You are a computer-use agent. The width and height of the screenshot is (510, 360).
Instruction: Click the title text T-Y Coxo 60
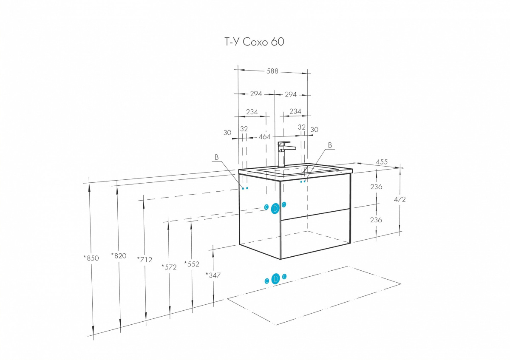coord(254,42)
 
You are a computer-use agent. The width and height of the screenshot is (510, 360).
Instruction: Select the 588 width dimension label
coord(272,71)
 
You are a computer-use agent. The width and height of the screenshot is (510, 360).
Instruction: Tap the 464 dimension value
coord(264,137)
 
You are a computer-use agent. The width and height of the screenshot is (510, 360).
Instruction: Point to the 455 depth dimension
coord(382,162)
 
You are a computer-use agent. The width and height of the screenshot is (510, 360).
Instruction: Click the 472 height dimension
coord(400,199)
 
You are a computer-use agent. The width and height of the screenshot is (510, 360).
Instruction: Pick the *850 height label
coord(91,258)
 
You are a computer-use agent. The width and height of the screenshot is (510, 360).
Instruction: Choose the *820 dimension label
coord(119,256)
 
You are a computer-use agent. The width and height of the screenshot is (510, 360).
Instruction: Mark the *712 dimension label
coord(144,260)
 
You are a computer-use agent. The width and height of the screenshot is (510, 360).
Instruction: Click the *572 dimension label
coord(169,267)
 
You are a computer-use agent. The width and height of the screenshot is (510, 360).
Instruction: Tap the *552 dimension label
coord(192,264)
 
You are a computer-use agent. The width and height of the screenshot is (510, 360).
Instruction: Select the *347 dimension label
coord(213,275)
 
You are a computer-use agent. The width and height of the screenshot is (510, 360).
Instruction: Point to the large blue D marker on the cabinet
coord(275,208)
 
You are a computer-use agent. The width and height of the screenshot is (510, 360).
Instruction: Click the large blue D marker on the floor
coord(275,279)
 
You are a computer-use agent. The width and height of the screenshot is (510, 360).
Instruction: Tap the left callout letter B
coord(216,157)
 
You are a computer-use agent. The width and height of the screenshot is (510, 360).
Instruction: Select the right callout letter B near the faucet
coord(330,145)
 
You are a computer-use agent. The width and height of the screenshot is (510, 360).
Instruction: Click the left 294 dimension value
coord(256,94)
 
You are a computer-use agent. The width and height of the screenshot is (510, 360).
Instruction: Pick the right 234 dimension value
coord(295,111)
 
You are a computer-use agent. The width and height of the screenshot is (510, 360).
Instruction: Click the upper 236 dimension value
coord(376,187)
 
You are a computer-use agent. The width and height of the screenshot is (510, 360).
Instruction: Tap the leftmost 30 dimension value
coord(227,133)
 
